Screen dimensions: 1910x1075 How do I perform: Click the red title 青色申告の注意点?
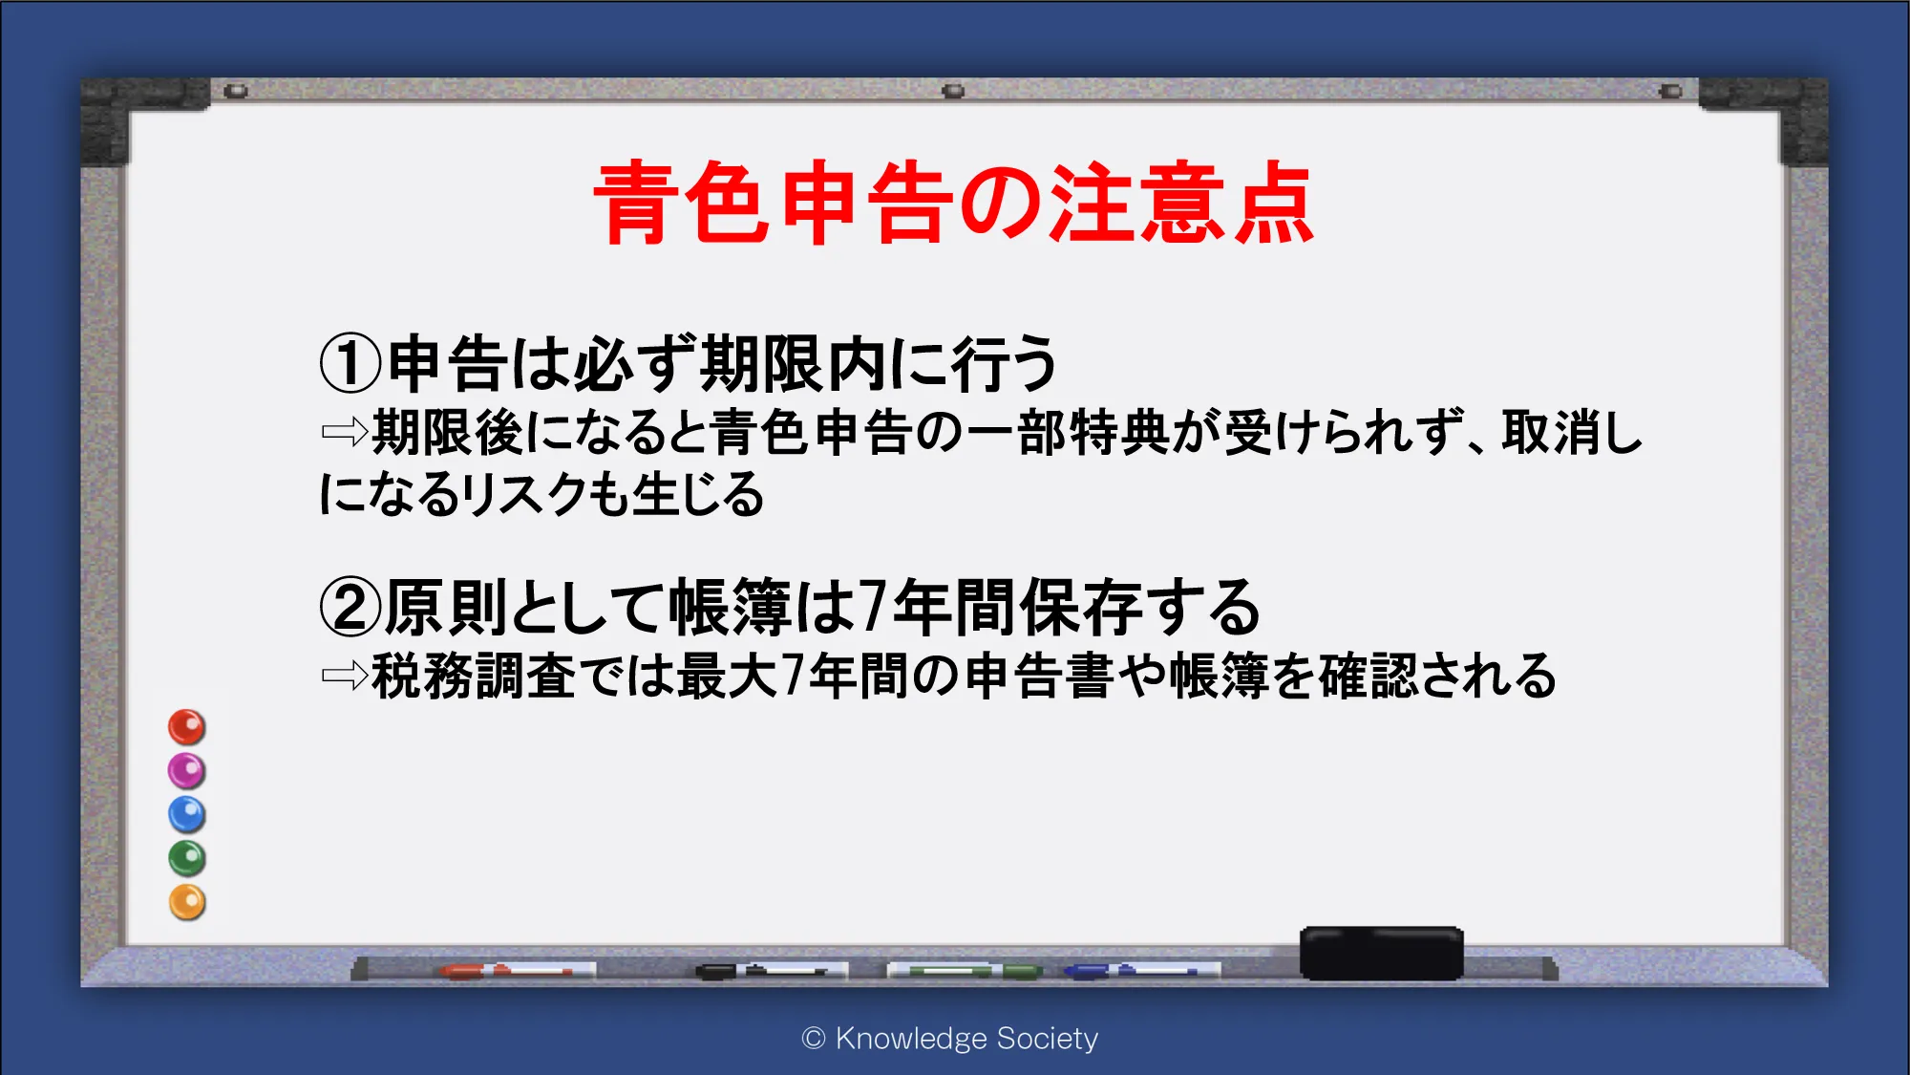953,203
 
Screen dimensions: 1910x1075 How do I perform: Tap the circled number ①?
350,364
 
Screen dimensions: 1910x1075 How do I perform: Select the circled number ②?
350,608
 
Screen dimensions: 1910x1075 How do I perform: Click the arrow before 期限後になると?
345,432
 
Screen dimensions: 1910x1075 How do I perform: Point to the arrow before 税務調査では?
345,676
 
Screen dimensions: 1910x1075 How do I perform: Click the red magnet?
187,727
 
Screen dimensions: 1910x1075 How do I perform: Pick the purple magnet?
187,771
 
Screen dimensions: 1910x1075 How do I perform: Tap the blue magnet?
187,815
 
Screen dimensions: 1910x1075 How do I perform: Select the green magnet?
187,858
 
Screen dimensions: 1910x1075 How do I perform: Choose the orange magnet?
187,902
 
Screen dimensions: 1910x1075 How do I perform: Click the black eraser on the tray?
1381,953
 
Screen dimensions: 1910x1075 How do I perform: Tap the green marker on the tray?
965,971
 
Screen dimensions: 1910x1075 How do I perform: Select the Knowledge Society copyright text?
950,1038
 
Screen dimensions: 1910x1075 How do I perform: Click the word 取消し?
1572,432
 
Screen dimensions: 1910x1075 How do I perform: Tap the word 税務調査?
474,676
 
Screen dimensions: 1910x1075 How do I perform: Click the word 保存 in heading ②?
1081,608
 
